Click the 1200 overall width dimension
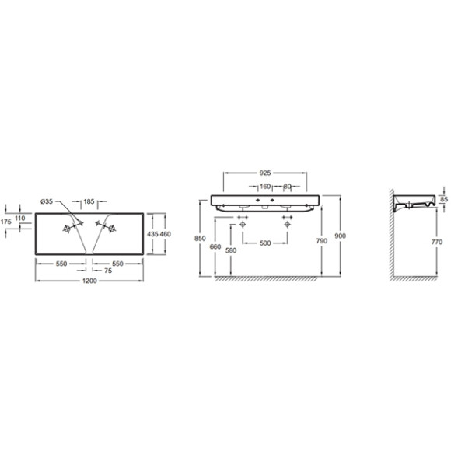click(89, 281)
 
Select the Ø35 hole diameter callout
click(47, 201)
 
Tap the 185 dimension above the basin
click(89, 201)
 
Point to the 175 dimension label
click(5, 222)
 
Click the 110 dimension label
click(20, 218)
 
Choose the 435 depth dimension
click(152, 234)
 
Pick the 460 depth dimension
click(166, 234)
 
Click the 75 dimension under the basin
click(108, 271)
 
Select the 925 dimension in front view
click(265, 173)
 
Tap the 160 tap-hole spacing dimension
click(265, 187)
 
